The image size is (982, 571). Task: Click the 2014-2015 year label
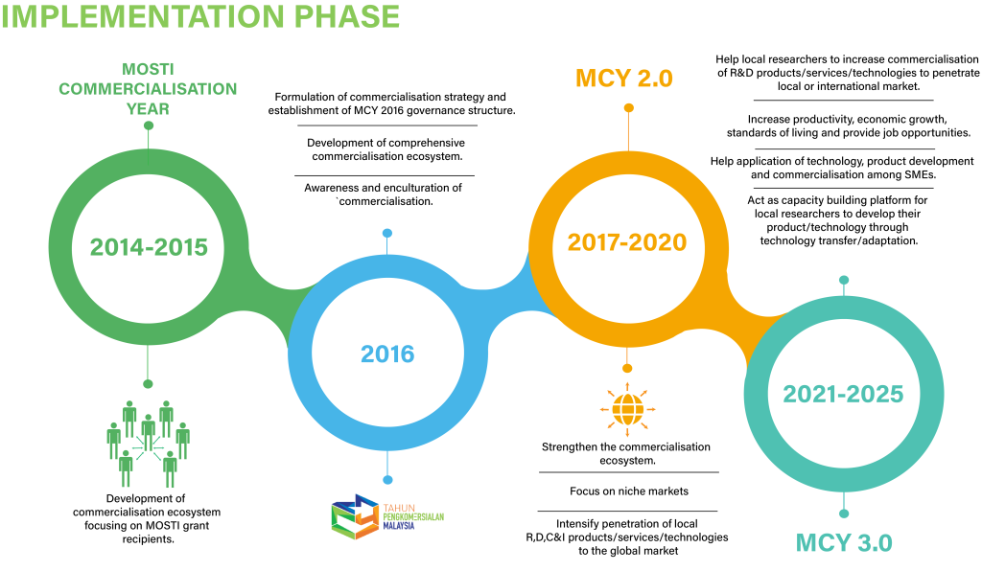click(x=149, y=247)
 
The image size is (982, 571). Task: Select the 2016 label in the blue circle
click(x=387, y=354)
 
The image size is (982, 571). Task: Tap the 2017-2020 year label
click(x=627, y=242)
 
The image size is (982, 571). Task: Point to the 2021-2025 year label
click(x=843, y=394)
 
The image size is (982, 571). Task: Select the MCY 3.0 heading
click(x=844, y=542)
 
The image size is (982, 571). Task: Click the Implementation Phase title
click(x=201, y=16)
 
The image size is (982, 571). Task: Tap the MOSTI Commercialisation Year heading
click(x=148, y=89)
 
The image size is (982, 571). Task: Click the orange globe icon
click(x=627, y=408)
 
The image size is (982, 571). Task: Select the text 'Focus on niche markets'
click(x=628, y=491)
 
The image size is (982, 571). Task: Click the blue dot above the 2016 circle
click(x=387, y=233)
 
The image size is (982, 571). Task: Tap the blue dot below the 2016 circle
click(x=387, y=479)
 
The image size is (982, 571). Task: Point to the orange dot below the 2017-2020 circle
click(x=627, y=368)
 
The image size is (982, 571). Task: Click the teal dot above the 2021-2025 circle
click(x=844, y=280)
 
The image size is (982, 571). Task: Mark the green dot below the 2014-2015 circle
click(x=148, y=383)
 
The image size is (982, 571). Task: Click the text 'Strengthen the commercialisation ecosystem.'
click(x=626, y=453)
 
